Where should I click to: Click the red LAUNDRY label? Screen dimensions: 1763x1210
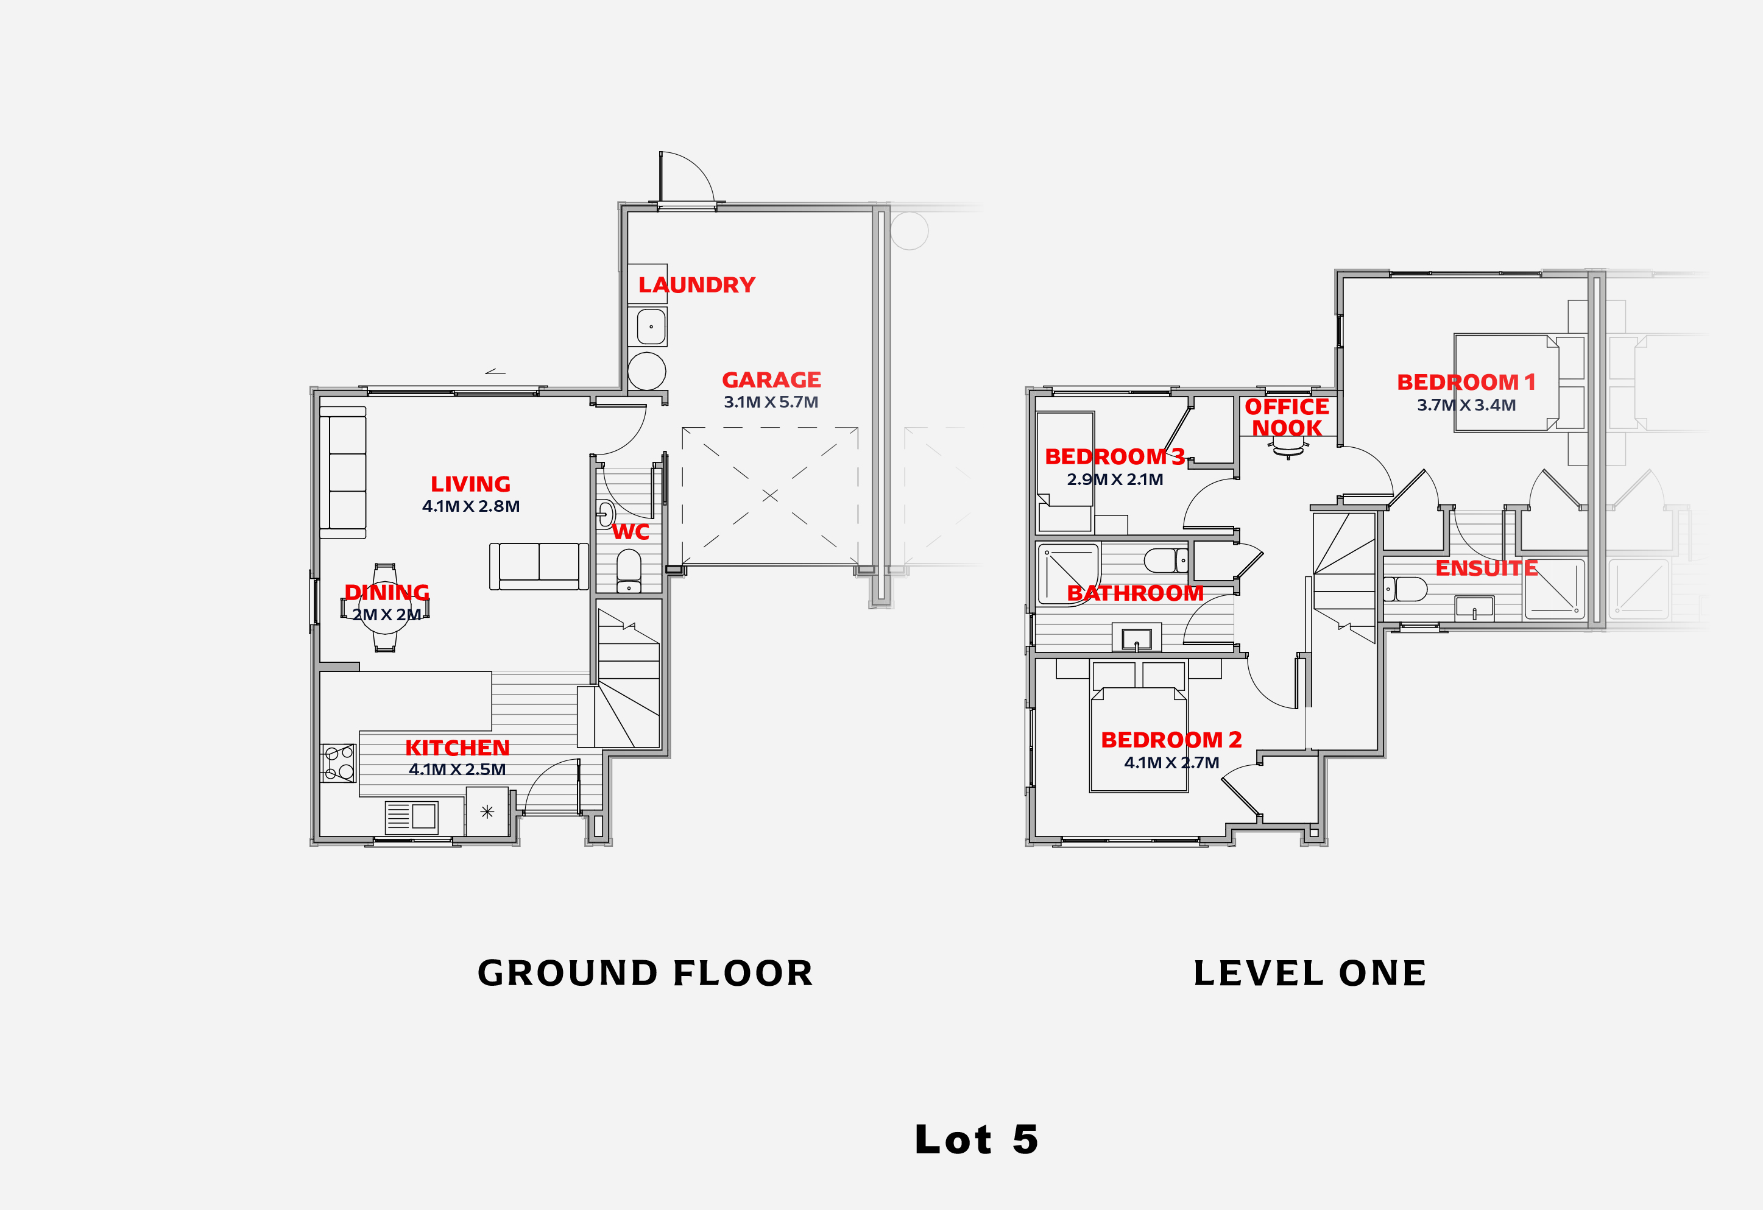696,285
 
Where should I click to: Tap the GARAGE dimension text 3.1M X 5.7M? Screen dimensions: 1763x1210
771,402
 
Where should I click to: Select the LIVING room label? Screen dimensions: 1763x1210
470,484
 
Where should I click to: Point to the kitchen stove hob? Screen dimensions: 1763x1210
338,762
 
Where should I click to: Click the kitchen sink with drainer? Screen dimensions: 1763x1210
411,817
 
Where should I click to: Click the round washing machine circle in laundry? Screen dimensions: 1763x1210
646,371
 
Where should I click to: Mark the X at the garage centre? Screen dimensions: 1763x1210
770,495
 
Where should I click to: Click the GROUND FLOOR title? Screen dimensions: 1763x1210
645,974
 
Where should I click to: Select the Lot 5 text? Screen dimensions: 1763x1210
977,1139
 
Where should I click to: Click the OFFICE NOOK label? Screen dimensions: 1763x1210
1287,417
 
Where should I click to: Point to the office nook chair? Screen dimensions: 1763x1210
1288,450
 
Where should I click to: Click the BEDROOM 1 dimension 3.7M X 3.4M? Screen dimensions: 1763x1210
1466,405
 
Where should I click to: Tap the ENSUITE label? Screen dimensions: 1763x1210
1486,568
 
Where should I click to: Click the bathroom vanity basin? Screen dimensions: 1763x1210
1136,638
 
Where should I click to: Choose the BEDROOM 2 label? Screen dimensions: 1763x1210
1171,740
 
